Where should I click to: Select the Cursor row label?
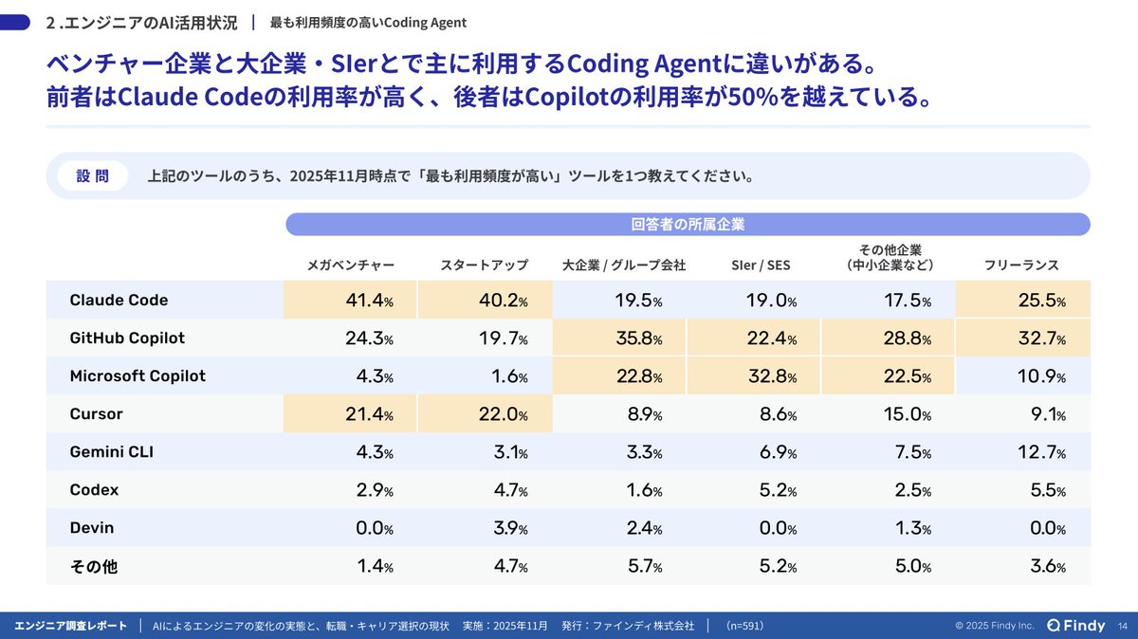(97, 414)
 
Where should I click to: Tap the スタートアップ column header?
(484, 265)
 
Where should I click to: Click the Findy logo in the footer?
(1075, 625)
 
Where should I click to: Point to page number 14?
(1123, 626)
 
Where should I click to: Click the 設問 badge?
(92, 175)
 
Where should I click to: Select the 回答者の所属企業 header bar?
(688, 225)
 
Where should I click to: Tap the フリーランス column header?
(1021, 265)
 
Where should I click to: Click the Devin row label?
(92, 528)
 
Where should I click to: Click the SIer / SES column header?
(761, 265)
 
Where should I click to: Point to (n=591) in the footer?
(744, 626)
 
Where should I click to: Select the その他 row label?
(94, 567)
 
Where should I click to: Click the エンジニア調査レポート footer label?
(71, 626)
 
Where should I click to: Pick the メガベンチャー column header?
(344, 265)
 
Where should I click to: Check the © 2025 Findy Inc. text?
(994, 626)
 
